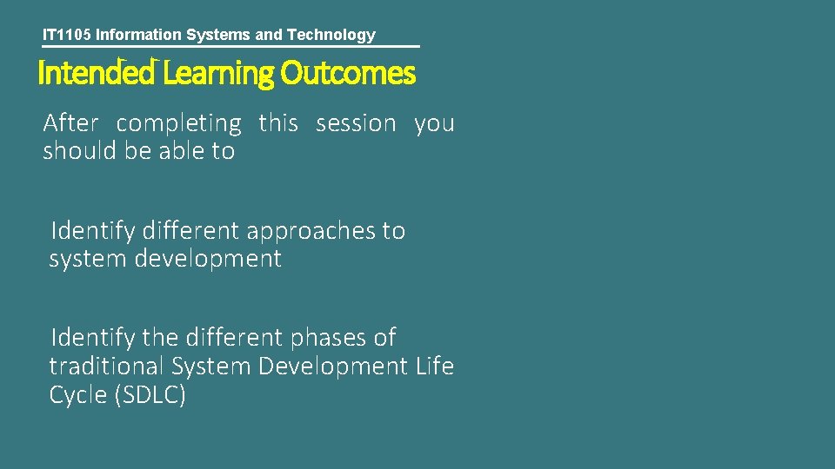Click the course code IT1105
[67, 35]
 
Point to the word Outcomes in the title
[348, 74]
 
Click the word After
[70, 123]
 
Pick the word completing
[178, 124]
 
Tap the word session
[356, 123]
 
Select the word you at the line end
[434, 124]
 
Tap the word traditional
[107, 367]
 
